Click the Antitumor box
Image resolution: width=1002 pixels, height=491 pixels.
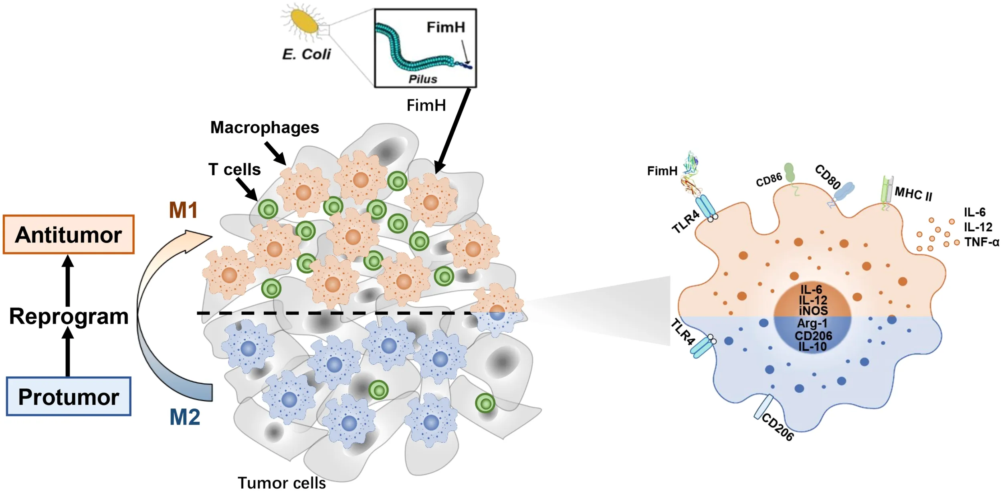(69, 234)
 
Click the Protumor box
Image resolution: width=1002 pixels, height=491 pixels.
(69, 397)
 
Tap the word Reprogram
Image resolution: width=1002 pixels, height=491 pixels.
(69, 316)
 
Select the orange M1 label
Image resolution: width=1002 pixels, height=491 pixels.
(183, 210)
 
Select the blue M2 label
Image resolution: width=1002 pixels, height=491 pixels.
(185, 417)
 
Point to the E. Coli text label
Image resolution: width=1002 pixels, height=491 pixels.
(307, 54)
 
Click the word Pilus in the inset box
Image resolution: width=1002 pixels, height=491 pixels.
(422, 79)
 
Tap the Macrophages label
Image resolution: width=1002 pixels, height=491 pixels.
(265, 127)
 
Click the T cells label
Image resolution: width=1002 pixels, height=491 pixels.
(234, 169)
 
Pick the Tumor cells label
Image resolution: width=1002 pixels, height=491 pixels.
(281, 483)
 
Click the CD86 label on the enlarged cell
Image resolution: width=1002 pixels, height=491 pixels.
(768, 180)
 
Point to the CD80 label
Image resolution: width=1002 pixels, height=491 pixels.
(828, 177)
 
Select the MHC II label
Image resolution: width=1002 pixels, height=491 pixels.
(913, 194)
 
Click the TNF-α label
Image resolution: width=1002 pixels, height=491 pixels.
(982, 242)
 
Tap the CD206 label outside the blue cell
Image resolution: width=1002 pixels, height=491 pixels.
(778, 427)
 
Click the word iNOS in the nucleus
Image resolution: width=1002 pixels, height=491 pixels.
(813, 311)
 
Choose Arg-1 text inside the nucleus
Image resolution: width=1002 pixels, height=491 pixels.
(812, 323)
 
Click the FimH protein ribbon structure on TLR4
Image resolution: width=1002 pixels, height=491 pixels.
(691, 174)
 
